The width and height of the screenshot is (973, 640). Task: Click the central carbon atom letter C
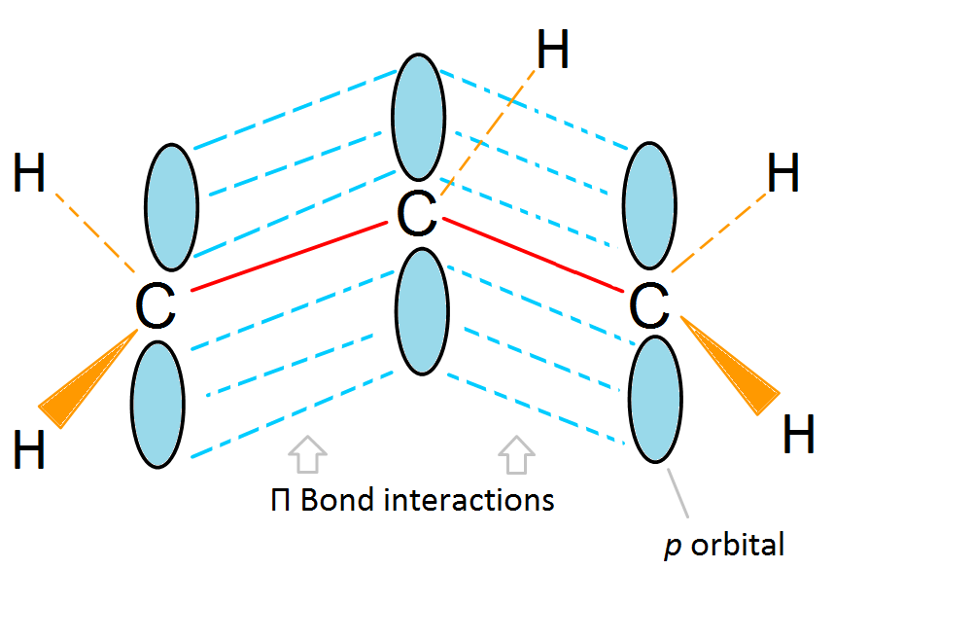tap(417, 215)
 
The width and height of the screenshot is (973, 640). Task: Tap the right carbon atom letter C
tap(648, 306)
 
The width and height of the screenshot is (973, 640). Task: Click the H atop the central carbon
tap(552, 52)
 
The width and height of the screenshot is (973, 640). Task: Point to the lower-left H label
tap(29, 451)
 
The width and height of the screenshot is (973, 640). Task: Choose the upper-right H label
tap(783, 176)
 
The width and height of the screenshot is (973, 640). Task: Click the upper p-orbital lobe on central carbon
tap(420, 117)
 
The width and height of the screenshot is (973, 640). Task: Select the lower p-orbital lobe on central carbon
tap(422, 311)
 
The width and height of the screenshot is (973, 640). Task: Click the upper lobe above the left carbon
tap(171, 206)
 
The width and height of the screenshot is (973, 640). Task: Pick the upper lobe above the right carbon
tap(649, 206)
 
